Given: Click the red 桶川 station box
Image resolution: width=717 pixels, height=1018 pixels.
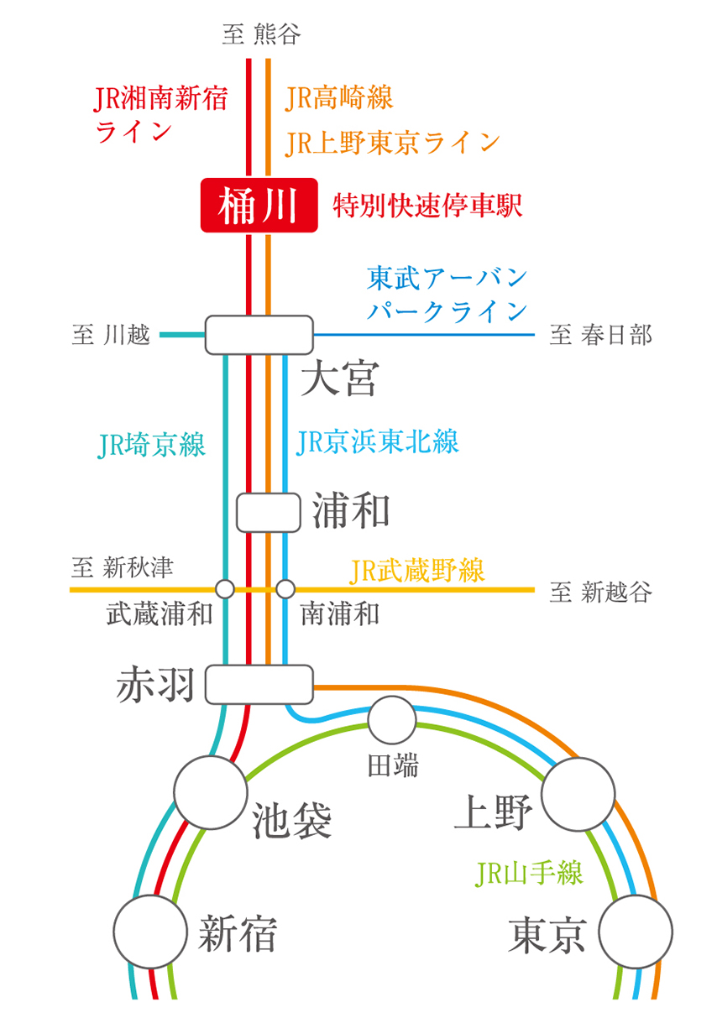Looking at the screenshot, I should [x=259, y=206].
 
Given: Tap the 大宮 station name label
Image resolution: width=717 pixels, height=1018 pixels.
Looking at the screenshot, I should [x=340, y=378].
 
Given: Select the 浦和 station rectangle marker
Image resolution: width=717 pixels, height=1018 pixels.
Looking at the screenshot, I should [x=268, y=512].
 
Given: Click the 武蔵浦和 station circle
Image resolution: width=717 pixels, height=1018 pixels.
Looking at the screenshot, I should [x=225, y=589].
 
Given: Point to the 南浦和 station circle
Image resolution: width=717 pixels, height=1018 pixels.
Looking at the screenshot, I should [x=286, y=589].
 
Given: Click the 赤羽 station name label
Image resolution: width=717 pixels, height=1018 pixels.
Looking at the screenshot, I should [x=157, y=684].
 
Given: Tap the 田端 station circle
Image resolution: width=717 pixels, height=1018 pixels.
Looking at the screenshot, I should [x=392, y=720].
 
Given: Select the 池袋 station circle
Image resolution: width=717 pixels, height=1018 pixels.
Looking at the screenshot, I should [x=210, y=791].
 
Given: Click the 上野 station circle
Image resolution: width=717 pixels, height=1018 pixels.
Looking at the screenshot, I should [x=579, y=794].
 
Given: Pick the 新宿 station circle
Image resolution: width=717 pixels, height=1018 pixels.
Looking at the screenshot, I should [x=149, y=932].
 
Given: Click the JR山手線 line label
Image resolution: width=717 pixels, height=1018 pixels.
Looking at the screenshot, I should [x=529, y=874].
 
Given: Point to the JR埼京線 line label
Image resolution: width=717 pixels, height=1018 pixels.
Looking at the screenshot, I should [x=151, y=445].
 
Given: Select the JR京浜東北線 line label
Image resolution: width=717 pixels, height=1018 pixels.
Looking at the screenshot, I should [x=378, y=441].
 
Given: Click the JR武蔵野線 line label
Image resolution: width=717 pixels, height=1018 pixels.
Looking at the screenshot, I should [x=417, y=572].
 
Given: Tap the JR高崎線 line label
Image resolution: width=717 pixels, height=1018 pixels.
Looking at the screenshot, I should [x=339, y=98].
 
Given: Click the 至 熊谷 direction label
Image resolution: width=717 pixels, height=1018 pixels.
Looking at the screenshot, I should [x=261, y=35].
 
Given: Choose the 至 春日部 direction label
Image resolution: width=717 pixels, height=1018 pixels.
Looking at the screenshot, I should [x=600, y=336].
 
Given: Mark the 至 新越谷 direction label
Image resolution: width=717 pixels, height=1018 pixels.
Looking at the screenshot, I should [x=600, y=593].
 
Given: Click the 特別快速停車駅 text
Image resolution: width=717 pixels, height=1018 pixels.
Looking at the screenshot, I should [x=428, y=206].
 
